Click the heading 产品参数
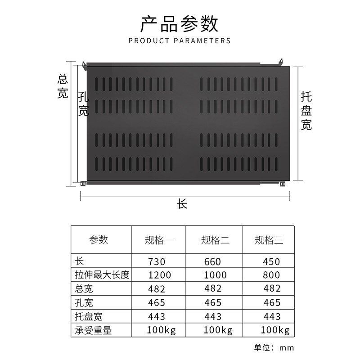180,23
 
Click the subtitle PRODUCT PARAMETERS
180,41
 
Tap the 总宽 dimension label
63,87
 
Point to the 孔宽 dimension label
84,104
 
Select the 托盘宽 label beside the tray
306,111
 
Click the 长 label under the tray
182,204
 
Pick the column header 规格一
159,240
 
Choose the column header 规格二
215,240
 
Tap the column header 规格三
269,240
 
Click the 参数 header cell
99,240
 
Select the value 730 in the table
157,261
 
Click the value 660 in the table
212,261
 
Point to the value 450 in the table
270,261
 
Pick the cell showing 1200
157,275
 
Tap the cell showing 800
270,275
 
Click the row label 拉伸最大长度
102,275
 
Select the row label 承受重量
93,331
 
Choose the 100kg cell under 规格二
218,331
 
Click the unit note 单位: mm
274,347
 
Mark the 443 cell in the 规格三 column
270,317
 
